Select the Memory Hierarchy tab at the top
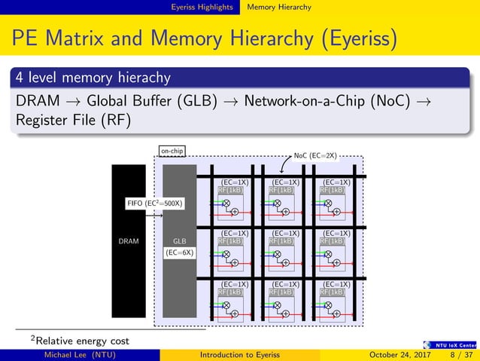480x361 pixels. [278, 7]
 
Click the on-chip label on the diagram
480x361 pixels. [172, 151]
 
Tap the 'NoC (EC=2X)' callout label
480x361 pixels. [315, 157]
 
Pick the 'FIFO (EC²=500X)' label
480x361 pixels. [155, 203]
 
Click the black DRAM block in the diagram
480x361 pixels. [129, 241]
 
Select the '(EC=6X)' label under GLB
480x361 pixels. [179, 253]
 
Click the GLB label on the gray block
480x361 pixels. [179, 241]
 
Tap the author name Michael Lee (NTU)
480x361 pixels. [80, 355]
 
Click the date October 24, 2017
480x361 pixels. [393, 355]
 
